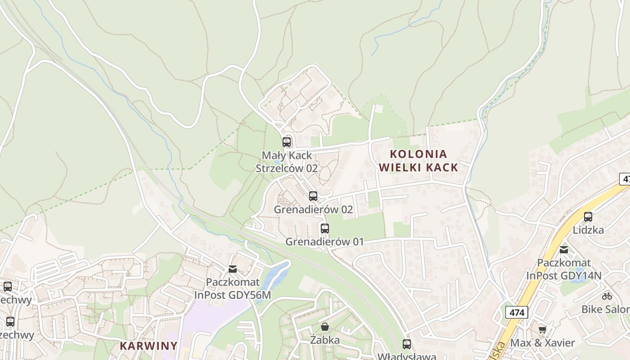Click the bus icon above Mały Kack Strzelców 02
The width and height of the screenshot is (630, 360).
point(287,142)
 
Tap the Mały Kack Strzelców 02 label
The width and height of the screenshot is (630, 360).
point(287,162)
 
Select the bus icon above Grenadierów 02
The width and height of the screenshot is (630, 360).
point(313,196)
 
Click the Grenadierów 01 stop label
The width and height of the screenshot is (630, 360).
point(324,242)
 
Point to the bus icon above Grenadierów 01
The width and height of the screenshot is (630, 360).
point(325,228)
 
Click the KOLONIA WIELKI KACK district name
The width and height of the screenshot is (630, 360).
point(418,161)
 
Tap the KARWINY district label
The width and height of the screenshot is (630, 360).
point(148,346)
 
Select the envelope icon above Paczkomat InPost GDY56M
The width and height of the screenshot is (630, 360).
point(233,269)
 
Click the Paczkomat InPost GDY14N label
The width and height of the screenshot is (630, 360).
point(564,269)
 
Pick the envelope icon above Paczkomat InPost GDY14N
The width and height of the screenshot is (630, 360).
point(564,249)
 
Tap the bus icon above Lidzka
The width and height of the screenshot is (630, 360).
point(588,217)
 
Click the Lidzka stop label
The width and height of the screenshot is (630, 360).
point(588,230)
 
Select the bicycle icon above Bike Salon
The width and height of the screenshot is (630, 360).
point(607,296)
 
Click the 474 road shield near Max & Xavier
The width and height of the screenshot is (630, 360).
point(517,312)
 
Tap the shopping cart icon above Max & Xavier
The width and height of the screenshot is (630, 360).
point(542,329)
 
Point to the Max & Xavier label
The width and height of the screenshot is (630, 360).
point(542,343)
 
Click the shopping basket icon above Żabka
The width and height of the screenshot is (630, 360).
point(324,327)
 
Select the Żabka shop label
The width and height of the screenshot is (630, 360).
point(324,340)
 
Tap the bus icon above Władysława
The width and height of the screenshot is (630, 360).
point(407,344)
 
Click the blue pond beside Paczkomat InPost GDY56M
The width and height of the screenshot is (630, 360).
point(274,275)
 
